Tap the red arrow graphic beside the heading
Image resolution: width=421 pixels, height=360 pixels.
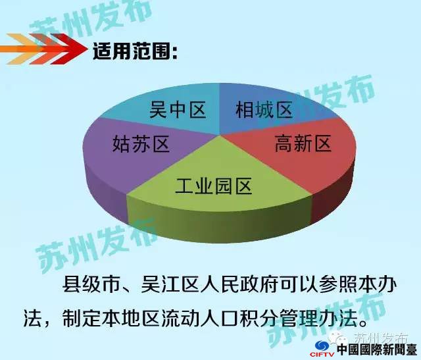click(x=43, y=49)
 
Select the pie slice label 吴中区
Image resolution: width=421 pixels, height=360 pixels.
click(x=178, y=110)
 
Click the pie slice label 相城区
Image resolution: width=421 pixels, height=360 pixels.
click(x=264, y=110)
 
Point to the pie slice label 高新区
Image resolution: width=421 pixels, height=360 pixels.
click(x=303, y=143)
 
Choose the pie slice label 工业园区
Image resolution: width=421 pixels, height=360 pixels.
click(x=213, y=186)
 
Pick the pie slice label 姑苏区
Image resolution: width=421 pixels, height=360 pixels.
click(x=141, y=143)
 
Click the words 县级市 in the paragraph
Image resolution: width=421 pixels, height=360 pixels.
click(x=91, y=284)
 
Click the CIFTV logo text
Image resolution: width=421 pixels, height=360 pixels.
click(x=322, y=355)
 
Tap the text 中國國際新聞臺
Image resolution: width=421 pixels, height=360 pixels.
click(x=377, y=349)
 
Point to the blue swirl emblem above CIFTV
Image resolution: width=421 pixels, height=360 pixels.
click(x=322, y=346)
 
